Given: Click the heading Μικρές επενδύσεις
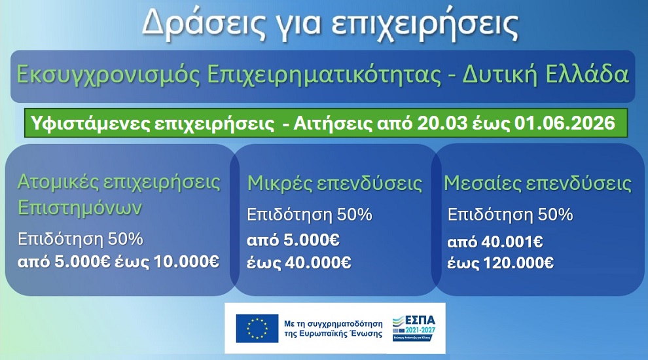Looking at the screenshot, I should click(x=334, y=184).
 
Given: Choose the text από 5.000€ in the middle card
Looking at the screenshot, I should click(x=293, y=240).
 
